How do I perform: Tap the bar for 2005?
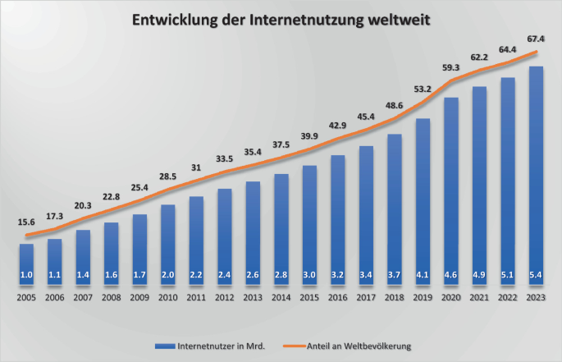(x=27, y=263)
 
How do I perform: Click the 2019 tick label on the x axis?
(x=423, y=298)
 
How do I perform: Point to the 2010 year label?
(x=167, y=298)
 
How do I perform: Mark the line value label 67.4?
(x=537, y=38)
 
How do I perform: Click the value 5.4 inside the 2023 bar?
(x=537, y=275)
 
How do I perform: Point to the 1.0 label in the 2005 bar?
(x=27, y=275)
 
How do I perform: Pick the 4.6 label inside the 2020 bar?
(x=451, y=275)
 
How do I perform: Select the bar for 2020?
(x=451, y=189)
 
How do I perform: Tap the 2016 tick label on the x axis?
(x=338, y=298)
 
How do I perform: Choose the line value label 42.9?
(x=338, y=125)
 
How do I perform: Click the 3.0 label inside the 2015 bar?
(x=309, y=275)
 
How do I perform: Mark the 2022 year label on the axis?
(x=508, y=298)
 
